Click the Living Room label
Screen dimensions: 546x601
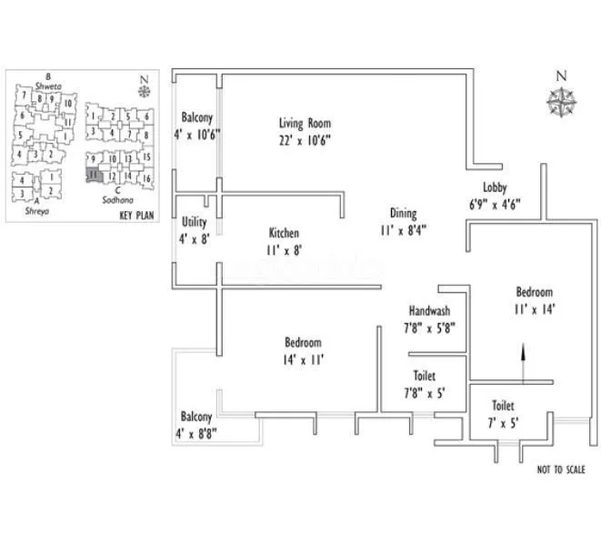coord(305,124)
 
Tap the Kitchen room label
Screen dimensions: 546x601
coord(284,233)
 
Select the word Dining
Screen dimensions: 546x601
coord(403,215)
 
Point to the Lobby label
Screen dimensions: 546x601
coord(495,187)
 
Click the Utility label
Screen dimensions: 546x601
coord(194,221)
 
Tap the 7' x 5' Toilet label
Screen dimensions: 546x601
coord(504,406)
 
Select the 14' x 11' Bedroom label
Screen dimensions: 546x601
coord(303,343)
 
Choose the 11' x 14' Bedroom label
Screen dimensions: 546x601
coord(534,292)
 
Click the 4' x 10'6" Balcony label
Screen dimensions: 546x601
coord(197,118)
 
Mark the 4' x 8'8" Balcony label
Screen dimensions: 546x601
coord(196,417)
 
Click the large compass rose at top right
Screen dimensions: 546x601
coord(562,101)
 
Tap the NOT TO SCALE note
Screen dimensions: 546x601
coord(561,470)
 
